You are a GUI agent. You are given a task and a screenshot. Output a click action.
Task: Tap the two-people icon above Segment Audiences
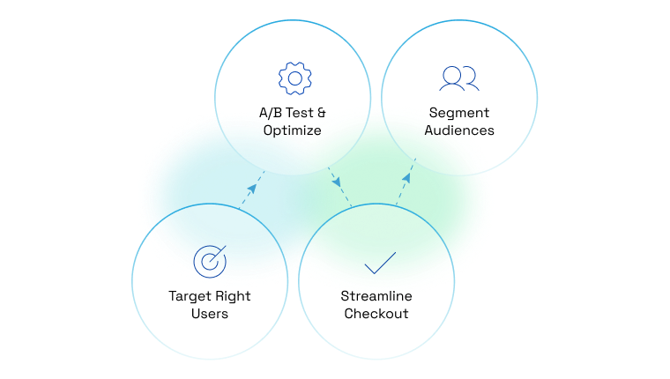click(458, 78)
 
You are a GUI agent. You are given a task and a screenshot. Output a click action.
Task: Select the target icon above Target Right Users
click(210, 260)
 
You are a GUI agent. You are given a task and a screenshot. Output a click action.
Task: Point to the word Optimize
click(292, 130)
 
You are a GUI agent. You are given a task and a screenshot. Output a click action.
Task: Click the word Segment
click(458, 113)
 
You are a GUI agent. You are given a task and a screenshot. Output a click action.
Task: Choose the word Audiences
click(458, 130)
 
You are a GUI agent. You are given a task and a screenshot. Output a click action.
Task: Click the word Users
click(210, 313)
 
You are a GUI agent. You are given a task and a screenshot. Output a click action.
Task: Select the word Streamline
click(376, 295)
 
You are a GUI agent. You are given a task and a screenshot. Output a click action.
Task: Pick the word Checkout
click(376, 313)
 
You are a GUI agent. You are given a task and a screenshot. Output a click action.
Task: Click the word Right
click(233, 295)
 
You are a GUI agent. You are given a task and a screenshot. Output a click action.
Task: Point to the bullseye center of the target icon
click(209, 261)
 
